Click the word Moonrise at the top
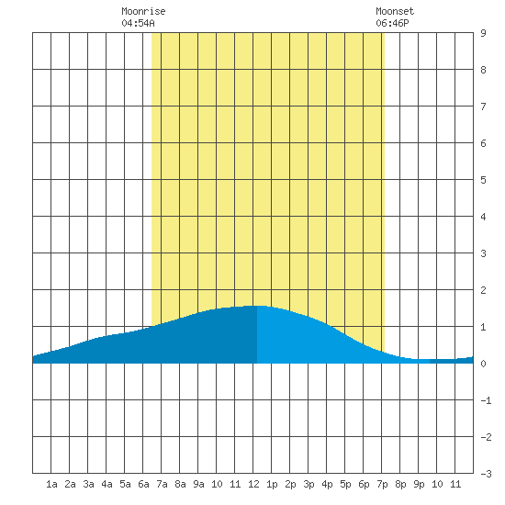pos(143,11)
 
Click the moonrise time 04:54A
pos(138,23)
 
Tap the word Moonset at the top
pos(395,11)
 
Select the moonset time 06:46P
pos(392,23)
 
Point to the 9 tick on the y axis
pos(483,33)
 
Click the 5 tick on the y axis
pos(483,180)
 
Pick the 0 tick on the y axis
pos(483,364)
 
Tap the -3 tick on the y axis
pos(486,474)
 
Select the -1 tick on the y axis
pos(486,400)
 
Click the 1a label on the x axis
pos(51,484)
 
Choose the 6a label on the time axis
pos(143,484)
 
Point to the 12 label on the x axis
pos(253,484)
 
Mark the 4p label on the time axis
pos(327,484)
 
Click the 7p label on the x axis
pos(382,484)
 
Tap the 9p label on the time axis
pos(419,484)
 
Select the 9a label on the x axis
pos(198,484)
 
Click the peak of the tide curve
pos(257,306)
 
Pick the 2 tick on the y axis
pos(483,290)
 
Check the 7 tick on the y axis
pos(483,107)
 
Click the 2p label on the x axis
pos(290,484)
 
